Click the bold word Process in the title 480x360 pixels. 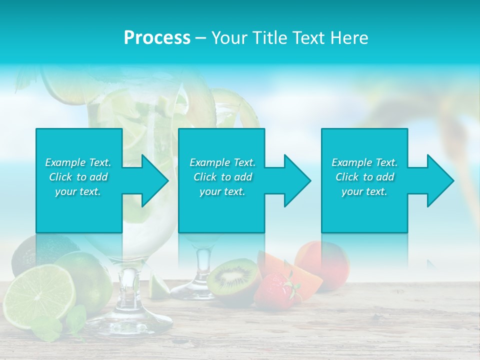coord(157,38)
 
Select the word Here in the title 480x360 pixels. coord(347,38)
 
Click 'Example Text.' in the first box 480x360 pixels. coord(78,162)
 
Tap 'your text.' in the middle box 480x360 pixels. coord(222,191)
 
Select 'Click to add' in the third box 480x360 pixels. coord(364,177)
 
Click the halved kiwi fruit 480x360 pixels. coord(233,276)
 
